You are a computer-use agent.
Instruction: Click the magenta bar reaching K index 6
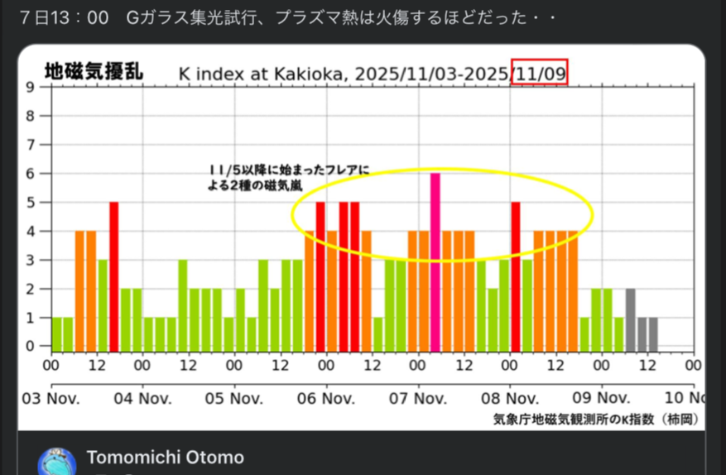(x=435, y=259)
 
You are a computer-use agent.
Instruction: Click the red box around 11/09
(x=540, y=73)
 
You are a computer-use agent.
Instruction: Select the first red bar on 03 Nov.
(x=114, y=273)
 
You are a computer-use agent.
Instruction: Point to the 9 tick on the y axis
(x=31, y=87)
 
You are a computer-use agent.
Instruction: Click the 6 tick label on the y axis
(x=31, y=173)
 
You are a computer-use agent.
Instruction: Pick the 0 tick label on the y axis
(x=31, y=346)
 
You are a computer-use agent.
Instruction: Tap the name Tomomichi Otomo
(x=165, y=458)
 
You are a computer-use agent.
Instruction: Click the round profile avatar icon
(x=57, y=462)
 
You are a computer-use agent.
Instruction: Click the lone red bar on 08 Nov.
(x=516, y=273)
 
